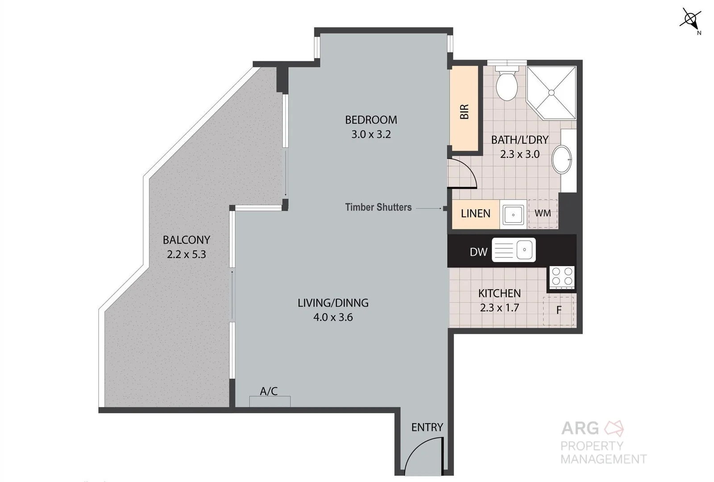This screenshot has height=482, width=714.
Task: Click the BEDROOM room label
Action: coord(371,120)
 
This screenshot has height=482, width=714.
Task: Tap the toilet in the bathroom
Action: coord(506,85)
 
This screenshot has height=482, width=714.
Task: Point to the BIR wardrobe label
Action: coord(464,112)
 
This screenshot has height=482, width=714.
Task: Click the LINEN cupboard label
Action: coord(475,213)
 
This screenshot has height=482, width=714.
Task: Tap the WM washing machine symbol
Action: coord(543,213)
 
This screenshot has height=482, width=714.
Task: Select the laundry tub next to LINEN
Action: coord(513,215)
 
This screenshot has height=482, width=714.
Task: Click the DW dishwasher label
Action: coord(478,252)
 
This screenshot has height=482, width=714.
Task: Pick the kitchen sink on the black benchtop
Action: coord(514,250)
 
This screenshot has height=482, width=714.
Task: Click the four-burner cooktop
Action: coord(562,276)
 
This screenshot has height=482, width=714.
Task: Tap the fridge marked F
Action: coord(558,310)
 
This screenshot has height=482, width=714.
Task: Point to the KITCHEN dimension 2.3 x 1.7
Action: coord(499,307)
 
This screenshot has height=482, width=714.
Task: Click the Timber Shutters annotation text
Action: coord(378,207)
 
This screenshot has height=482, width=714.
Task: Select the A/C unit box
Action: coord(270,401)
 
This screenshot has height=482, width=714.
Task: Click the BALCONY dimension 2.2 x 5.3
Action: coord(186,254)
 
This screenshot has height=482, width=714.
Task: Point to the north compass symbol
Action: coord(690,19)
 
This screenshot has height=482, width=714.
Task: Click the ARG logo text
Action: coord(580,428)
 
